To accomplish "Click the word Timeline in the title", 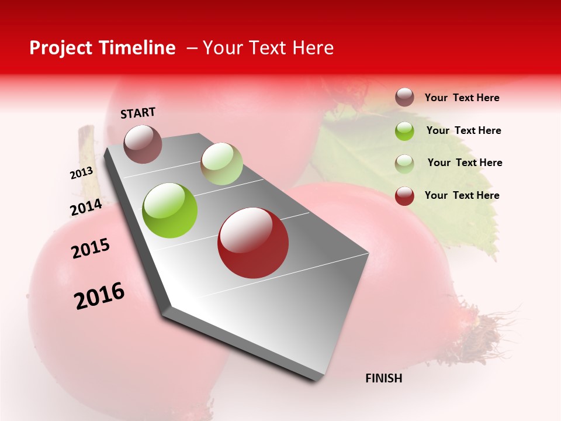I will pyautogui.click(x=138, y=48).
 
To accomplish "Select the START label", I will pyautogui.click(x=138, y=113).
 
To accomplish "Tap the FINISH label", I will pyautogui.click(x=384, y=378).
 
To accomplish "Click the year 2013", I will pyautogui.click(x=81, y=173).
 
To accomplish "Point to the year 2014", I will pyautogui.click(x=86, y=208).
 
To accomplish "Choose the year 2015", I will pyautogui.click(x=91, y=249).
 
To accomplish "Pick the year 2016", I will pyautogui.click(x=99, y=295).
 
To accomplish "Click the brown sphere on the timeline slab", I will pyautogui.click(x=143, y=144).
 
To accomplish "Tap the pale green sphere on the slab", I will pyautogui.click(x=221, y=164).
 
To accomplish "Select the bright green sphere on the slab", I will pyautogui.click(x=170, y=210).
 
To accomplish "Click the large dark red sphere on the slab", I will pyautogui.click(x=253, y=243).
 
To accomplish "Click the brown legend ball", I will pyautogui.click(x=404, y=98).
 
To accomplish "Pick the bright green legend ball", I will pyautogui.click(x=404, y=130).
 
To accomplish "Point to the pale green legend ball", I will pyautogui.click(x=404, y=163).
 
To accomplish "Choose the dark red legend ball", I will pyautogui.click(x=404, y=196).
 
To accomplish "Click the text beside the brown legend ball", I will pyautogui.click(x=462, y=98).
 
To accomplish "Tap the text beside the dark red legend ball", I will pyautogui.click(x=462, y=195).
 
